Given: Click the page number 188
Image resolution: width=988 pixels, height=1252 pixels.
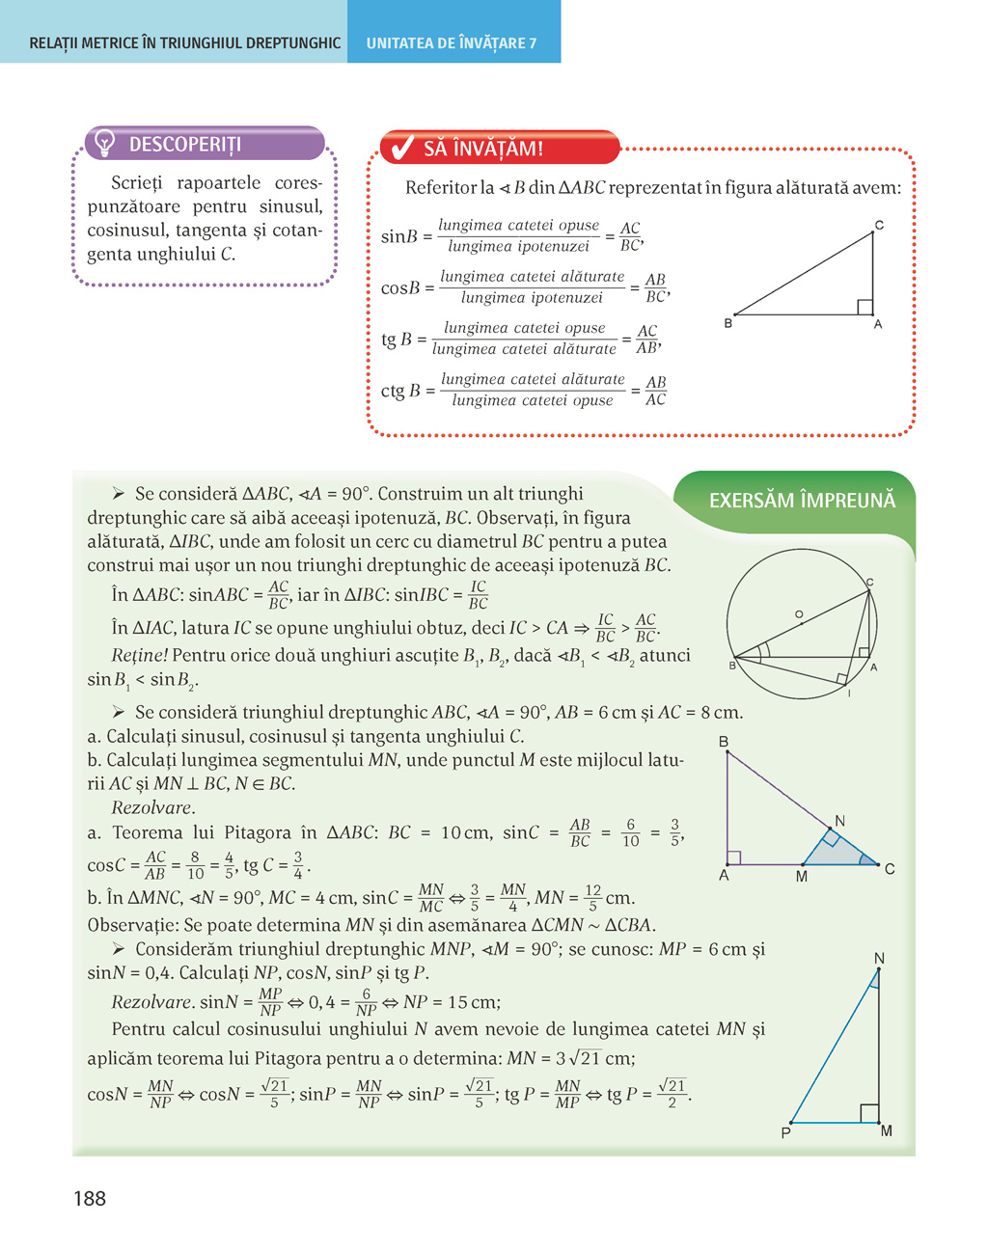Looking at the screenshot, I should click(x=90, y=1198).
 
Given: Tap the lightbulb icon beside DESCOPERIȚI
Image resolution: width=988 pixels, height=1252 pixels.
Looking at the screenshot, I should click(x=105, y=144).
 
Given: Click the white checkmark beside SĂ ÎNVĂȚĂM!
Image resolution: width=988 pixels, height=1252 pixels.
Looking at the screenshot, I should click(x=400, y=148).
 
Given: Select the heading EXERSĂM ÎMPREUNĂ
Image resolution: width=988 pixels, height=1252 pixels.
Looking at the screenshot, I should click(x=802, y=500).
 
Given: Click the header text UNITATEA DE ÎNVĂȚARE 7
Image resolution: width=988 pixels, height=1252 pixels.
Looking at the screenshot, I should click(x=452, y=43).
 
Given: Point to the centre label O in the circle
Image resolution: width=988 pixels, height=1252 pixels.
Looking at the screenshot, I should click(x=799, y=614).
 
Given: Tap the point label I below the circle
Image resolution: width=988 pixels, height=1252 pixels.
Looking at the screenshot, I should click(x=849, y=694).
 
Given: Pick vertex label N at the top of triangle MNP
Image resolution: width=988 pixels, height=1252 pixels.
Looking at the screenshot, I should click(x=879, y=958).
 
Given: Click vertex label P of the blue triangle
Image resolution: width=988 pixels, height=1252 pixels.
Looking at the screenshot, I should click(x=786, y=1132).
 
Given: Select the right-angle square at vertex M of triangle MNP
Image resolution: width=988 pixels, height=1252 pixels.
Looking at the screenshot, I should click(x=868, y=1114).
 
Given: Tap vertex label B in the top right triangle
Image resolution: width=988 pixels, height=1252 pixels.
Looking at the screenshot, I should click(x=728, y=324).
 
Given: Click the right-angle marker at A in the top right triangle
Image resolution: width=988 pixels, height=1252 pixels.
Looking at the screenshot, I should click(x=864, y=308).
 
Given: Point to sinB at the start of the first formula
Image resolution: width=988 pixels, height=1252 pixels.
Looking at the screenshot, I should click(x=399, y=236).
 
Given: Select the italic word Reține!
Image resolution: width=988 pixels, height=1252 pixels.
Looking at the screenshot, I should click(x=140, y=656).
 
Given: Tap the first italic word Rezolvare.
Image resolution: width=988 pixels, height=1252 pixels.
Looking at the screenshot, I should click(x=152, y=807).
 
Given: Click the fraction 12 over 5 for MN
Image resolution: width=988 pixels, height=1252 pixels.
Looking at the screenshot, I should click(x=592, y=898).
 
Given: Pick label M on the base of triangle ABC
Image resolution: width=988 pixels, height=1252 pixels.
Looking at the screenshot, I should click(x=802, y=877).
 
